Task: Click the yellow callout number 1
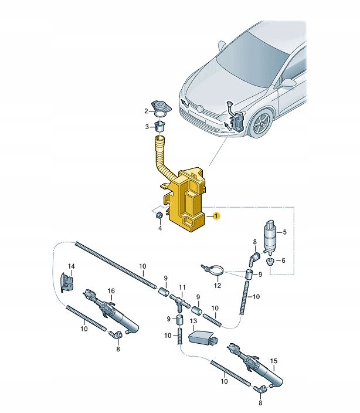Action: click(x=216, y=216)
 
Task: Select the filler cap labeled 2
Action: click(x=159, y=107)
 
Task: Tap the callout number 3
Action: click(x=148, y=127)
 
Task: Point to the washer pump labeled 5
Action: click(x=271, y=233)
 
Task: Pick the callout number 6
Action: click(x=284, y=260)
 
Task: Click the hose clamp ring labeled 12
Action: click(x=214, y=270)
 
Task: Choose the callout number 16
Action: click(x=111, y=290)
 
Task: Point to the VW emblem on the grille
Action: click(x=199, y=109)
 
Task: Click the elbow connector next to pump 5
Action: click(x=254, y=258)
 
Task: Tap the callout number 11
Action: click(x=182, y=288)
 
